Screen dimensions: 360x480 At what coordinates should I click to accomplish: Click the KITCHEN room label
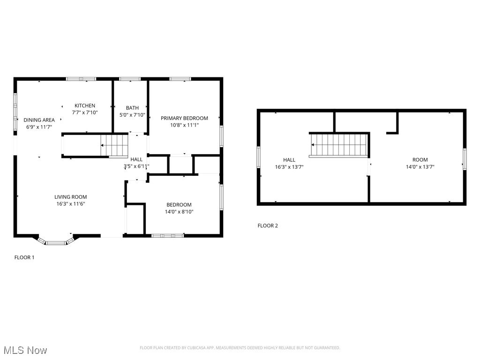(85, 106)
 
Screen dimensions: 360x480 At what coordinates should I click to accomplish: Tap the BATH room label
(132, 108)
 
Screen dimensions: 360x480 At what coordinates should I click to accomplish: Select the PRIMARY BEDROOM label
(184, 118)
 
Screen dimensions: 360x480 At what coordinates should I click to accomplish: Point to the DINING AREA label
(39, 120)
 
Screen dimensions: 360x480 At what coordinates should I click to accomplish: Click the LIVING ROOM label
(70, 197)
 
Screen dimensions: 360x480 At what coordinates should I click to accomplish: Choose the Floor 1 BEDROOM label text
(179, 205)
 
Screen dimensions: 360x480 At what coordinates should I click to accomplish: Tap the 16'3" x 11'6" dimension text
(70, 204)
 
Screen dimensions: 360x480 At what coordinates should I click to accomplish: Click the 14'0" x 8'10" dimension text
(180, 212)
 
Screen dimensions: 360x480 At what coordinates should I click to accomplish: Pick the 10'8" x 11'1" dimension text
(184, 125)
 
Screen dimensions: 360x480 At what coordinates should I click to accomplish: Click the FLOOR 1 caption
(24, 257)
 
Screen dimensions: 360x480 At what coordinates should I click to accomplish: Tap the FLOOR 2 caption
(268, 225)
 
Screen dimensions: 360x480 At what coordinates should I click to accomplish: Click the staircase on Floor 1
(115, 145)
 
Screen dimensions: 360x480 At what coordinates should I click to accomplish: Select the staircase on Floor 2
(338, 144)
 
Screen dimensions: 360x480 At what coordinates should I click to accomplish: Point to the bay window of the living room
(56, 242)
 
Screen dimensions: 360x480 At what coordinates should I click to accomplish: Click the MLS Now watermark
(25, 350)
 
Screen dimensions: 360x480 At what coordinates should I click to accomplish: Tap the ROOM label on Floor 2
(420, 160)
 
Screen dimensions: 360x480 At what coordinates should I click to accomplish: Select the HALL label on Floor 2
(289, 160)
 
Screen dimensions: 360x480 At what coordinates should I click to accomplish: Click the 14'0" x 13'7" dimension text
(420, 167)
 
